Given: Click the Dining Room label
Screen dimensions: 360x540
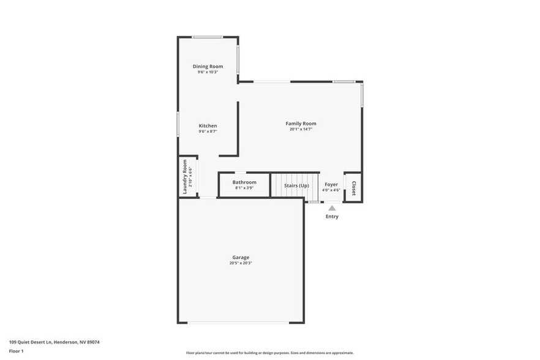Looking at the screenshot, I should pyautogui.click(x=208, y=66).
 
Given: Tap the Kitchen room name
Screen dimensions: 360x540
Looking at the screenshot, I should pyautogui.click(x=208, y=126).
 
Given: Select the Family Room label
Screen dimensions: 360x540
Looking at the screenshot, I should pyautogui.click(x=301, y=124).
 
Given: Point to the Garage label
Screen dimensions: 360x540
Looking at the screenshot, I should pyautogui.click(x=241, y=257).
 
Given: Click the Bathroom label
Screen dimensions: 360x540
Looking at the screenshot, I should pyautogui.click(x=244, y=182).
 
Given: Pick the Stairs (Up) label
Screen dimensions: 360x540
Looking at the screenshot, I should pyautogui.click(x=296, y=185).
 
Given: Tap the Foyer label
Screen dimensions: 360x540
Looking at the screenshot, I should pyautogui.click(x=331, y=184).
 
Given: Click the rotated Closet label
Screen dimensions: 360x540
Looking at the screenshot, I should pyautogui.click(x=353, y=186).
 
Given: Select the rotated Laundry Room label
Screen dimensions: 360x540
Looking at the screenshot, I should pyautogui.click(x=184, y=177).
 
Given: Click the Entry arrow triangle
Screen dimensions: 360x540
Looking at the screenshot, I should pyautogui.click(x=332, y=208).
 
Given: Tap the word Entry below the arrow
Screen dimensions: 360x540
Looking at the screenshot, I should pyautogui.click(x=332, y=217).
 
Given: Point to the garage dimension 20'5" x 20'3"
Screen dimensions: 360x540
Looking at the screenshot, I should pyautogui.click(x=241, y=263).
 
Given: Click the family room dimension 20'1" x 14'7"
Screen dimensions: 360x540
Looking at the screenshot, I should pyautogui.click(x=301, y=129).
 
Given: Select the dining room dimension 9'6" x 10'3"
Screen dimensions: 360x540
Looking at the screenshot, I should pyautogui.click(x=208, y=72).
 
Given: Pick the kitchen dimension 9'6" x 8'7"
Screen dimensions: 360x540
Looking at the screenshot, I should pyautogui.click(x=208, y=131).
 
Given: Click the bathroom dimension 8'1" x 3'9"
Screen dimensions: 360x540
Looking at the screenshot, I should pyautogui.click(x=244, y=188).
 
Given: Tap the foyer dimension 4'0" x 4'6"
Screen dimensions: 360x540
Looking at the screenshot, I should pyautogui.click(x=331, y=190).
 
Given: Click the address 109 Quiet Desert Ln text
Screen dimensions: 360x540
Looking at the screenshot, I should pyautogui.click(x=54, y=342).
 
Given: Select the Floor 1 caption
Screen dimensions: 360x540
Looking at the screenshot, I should pyautogui.click(x=16, y=351).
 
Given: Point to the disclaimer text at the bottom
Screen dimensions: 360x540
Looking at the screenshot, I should pyautogui.click(x=270, y=353).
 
